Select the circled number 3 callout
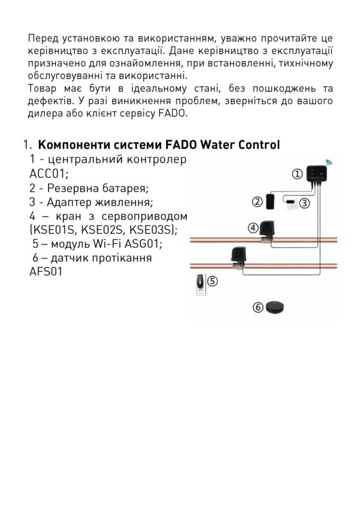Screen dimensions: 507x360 pos(304,203)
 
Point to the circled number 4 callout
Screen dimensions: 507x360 pos(253,228)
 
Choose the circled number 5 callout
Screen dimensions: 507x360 pos(212,280)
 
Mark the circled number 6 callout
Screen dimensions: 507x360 pos(258,307)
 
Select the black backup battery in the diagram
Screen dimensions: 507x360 pos(271,201)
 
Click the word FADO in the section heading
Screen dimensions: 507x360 pos(182,146)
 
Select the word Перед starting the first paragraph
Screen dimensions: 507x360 pos(43,38)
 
